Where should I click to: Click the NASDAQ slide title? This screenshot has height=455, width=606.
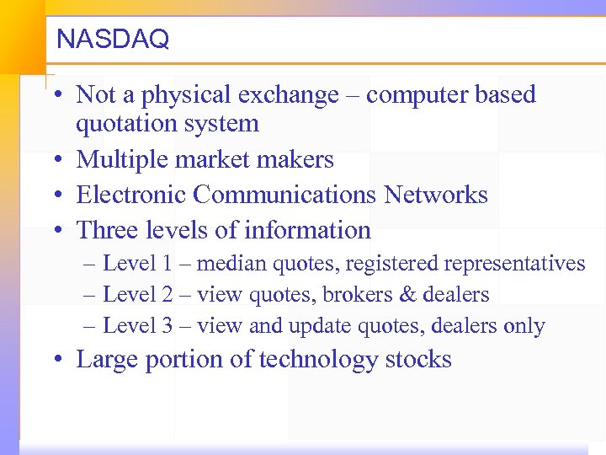point(112,39)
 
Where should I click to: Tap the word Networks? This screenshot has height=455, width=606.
point(435,195)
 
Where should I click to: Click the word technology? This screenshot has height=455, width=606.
point(319,360)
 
